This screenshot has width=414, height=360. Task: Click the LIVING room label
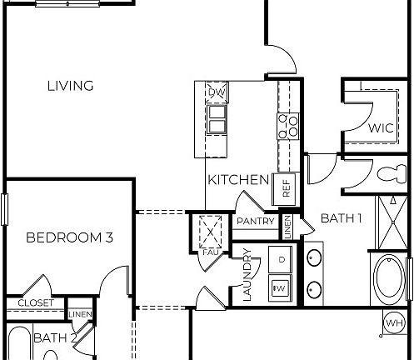[x=70, y=86]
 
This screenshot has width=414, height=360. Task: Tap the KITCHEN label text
[x=237, y=180]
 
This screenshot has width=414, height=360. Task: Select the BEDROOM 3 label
[x=69, y=238]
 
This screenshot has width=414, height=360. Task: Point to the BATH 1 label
[x=342, y=219]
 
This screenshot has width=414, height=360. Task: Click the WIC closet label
[x=380, y=128]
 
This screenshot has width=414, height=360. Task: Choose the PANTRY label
[x=256, y=221]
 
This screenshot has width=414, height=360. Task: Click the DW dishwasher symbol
[x=217, y=92]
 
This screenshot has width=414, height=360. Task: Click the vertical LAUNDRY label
[x=247, y=276]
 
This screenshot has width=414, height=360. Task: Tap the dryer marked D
[x=282, y=260]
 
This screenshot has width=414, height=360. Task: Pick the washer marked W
[x=281, y=288]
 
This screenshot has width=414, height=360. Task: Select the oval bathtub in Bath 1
[x=387, y=281]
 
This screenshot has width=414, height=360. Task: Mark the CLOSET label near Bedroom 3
[x=36, y=303]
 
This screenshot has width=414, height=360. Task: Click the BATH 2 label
[x=55, y=337]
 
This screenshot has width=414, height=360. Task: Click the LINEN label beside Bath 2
[x=80, y=314]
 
